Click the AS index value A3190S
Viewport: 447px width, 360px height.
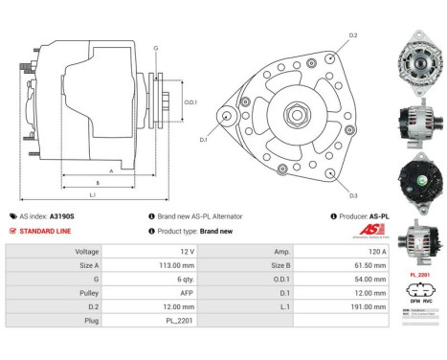pos(61,216)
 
